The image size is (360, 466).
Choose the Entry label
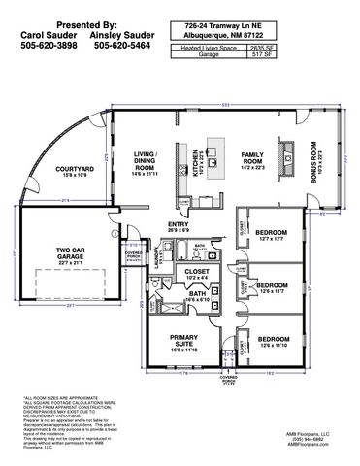(x=179, y=226)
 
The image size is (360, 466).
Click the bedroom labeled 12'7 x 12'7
(x=271, y=236)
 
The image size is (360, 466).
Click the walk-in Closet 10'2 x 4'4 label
(x=197, y=274)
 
